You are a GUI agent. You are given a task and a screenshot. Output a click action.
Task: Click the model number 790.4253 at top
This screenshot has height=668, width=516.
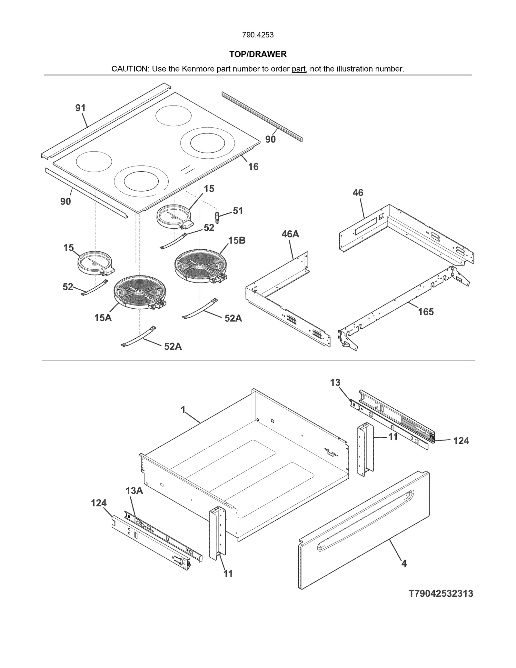pyautogui.click(x=258, y=35)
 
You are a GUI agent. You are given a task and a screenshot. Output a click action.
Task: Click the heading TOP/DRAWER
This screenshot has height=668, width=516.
pyautogui.click(x=258, y=54)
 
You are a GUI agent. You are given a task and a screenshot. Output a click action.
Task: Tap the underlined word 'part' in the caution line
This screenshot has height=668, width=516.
pyautogui.click(x=298, y=69)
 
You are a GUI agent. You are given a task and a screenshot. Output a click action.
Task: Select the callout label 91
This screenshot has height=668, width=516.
pyautogui.click(x=80, y=108)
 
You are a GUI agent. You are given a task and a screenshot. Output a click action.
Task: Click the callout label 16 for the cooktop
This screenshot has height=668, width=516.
pyautogui.click(x=253, y=166)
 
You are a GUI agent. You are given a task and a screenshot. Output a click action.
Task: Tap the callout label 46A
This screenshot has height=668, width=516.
pyautogui.click(x=290, y=234)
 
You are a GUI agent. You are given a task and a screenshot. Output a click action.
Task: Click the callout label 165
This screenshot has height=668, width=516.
pyautogui.click(x=426, y=312)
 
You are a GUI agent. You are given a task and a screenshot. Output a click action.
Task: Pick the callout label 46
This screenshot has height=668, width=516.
pyautogui.click(x=358, y=193)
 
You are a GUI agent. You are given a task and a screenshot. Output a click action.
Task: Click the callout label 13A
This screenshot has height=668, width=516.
pyautogui.click(x=134, y=491)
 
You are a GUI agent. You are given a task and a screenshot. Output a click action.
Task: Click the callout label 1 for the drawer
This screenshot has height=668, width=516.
pyautogui.click(x=183, y=410)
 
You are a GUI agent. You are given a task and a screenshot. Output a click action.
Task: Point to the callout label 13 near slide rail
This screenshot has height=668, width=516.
pyautogui.click(x=335, y=383)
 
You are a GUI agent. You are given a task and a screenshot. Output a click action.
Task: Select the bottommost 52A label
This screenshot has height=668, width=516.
pyautogui.click(x=173, y=346)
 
